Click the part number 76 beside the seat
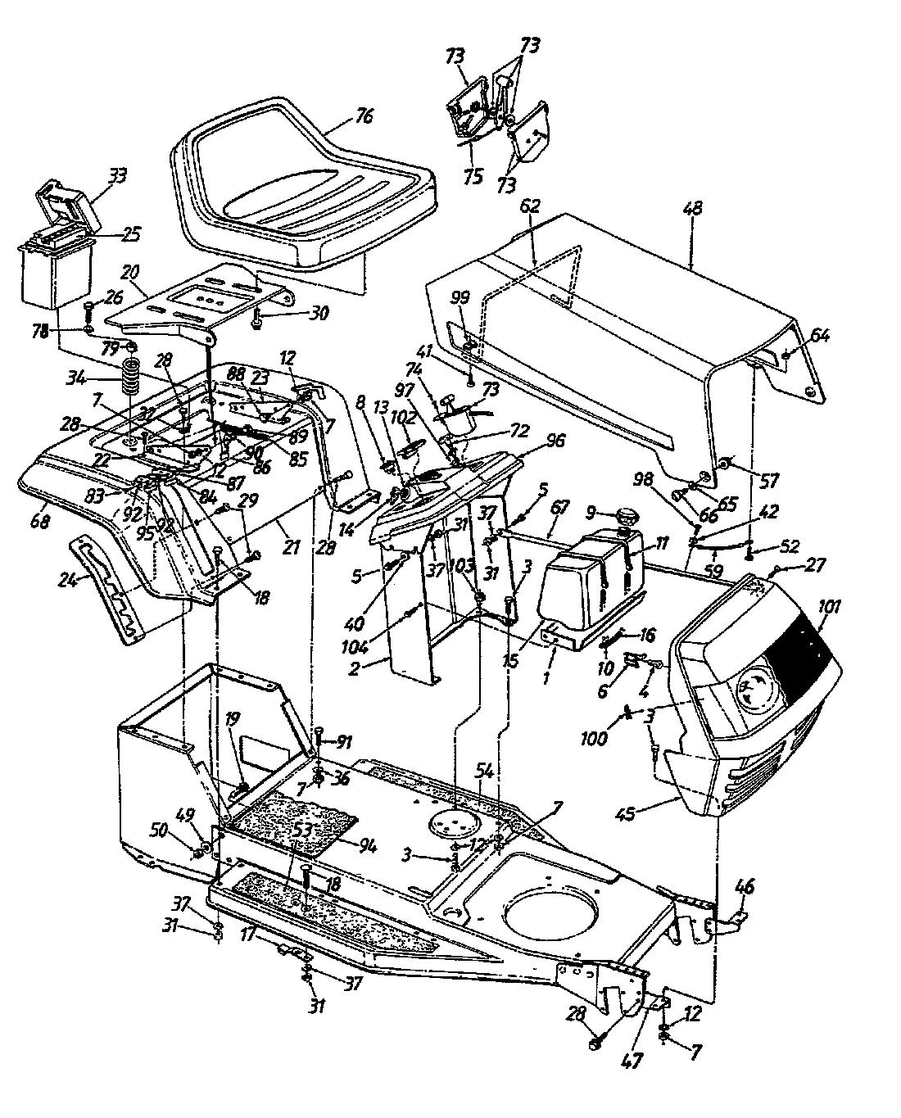point(364,116)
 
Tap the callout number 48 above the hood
point(693,209)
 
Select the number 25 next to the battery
point(130,234)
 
